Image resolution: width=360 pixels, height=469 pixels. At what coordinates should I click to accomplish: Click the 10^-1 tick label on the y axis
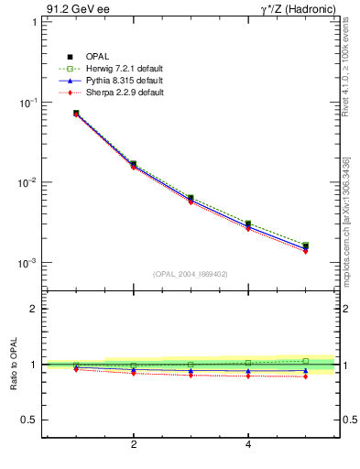[29, 102]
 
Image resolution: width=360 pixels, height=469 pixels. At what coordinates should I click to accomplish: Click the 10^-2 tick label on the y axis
[29, 182]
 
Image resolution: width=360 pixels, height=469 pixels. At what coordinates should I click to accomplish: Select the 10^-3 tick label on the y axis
[29, 263]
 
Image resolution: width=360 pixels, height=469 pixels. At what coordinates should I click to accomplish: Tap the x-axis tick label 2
[134, 445]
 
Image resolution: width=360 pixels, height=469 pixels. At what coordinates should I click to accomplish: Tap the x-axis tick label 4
[248, 445]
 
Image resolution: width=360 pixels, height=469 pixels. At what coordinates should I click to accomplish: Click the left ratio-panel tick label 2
[33, 309]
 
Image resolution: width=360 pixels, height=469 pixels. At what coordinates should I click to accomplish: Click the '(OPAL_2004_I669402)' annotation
[190, 273]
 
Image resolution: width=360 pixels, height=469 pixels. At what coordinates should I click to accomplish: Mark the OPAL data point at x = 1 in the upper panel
[76, 114]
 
